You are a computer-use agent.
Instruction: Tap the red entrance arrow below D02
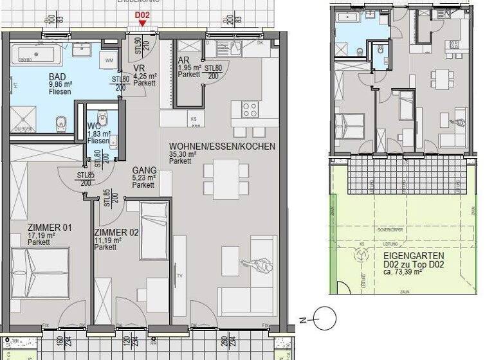pos(142,24)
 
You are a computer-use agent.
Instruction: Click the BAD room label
pos(57,76)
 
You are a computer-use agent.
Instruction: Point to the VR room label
pos(138,69)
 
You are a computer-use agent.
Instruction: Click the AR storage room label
pos(183,61)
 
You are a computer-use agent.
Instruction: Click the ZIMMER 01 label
pos(49,228)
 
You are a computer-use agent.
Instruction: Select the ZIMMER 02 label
pos(116,232)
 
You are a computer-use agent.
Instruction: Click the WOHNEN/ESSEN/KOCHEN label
pos(222,146)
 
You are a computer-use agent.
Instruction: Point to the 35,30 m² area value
pos(183,154)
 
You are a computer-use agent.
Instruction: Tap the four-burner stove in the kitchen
pos(249,110)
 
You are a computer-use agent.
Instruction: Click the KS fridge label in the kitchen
pos(193,119)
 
